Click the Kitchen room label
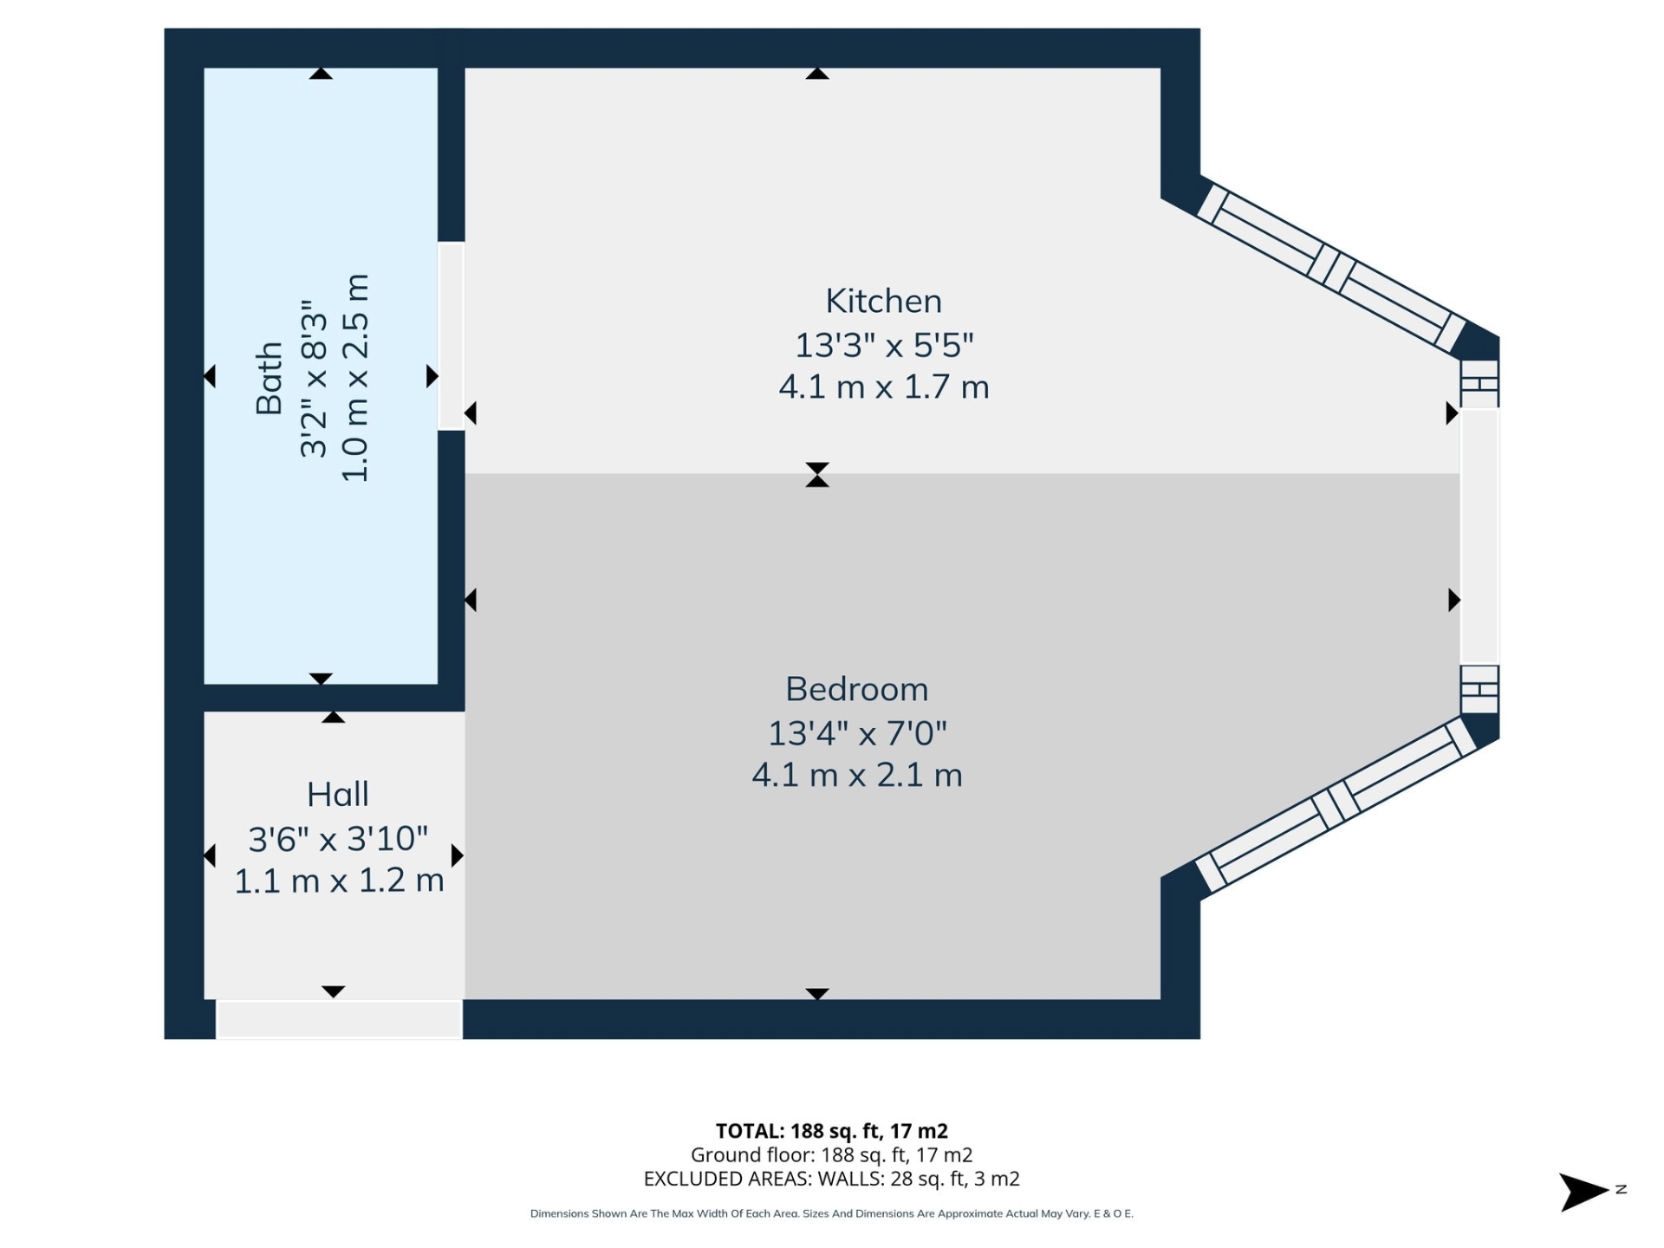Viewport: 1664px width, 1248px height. coord(883,302)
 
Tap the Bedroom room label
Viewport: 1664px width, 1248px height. coord(856,690)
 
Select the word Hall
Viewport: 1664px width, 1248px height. coord(337,795)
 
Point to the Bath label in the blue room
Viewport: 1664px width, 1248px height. coord(270,378)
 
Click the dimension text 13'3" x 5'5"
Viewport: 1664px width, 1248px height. coord(884,345)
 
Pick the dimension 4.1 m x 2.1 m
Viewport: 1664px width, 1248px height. coord(856,775)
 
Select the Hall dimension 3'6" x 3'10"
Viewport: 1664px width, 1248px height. coord(338,839)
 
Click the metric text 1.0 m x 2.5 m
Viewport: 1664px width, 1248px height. coord(356,378)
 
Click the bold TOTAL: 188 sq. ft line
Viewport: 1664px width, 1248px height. coord(831,1131)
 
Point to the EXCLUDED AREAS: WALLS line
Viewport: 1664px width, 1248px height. coord(831,1179)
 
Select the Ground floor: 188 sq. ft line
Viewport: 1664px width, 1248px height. coord(831,1155)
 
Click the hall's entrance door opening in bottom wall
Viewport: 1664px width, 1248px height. coord(338,1019)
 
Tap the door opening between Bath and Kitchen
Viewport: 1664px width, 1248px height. coord(451,336)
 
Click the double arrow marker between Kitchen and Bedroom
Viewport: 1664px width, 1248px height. coord(816,475)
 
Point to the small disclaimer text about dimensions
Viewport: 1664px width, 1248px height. coord(831,1213)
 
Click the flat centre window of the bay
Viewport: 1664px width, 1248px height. coord(1479,536)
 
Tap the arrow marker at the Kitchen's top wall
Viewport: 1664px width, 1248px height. coord(816,74)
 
